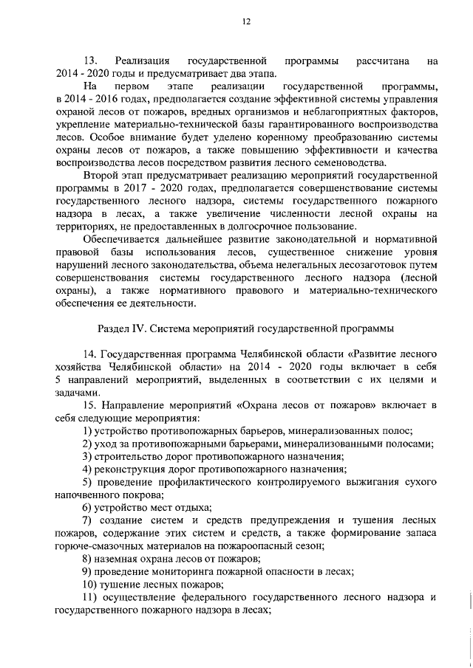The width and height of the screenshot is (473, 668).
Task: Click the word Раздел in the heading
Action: click(116, 327)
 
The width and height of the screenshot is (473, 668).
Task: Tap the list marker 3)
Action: click(88, 457)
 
